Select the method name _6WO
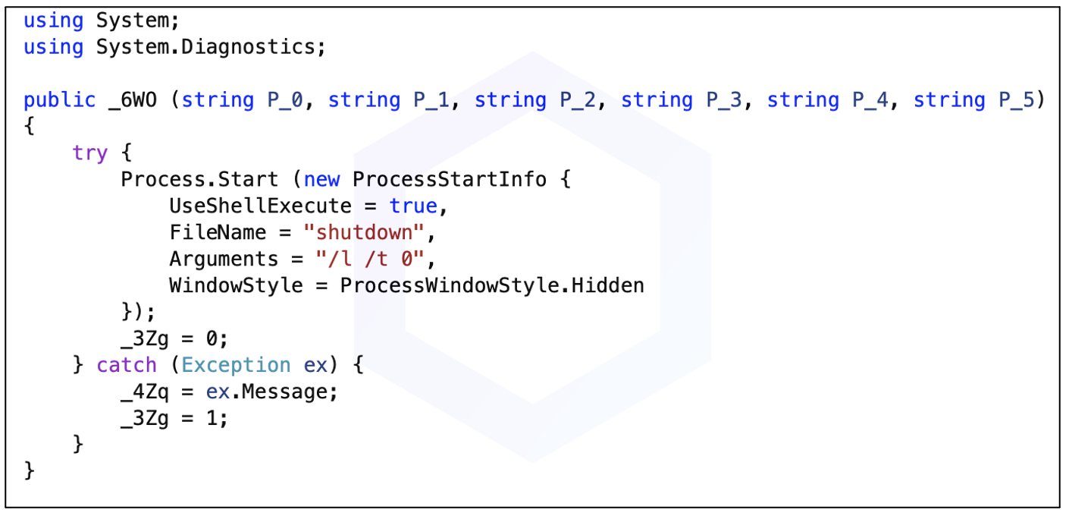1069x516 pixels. coord(133,100)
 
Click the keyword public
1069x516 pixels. coord(59,100)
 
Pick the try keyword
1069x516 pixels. coord(90,153)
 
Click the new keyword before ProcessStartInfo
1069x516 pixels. coord(321,180)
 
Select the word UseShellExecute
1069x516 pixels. coord(260,206)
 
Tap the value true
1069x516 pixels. coord(413,206)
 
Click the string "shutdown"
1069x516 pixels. coord(364,233)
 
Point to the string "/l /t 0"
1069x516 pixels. coord(370,260)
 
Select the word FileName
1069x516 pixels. coord(218,233)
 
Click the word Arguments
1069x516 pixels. coord(224,260)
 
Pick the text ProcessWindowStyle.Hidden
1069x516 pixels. coord(491,286)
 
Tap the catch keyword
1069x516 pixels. coord(127,366)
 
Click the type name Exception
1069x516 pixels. coord(236,366)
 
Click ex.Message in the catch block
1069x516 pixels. coord(271,392)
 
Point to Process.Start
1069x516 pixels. coord(199,180)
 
